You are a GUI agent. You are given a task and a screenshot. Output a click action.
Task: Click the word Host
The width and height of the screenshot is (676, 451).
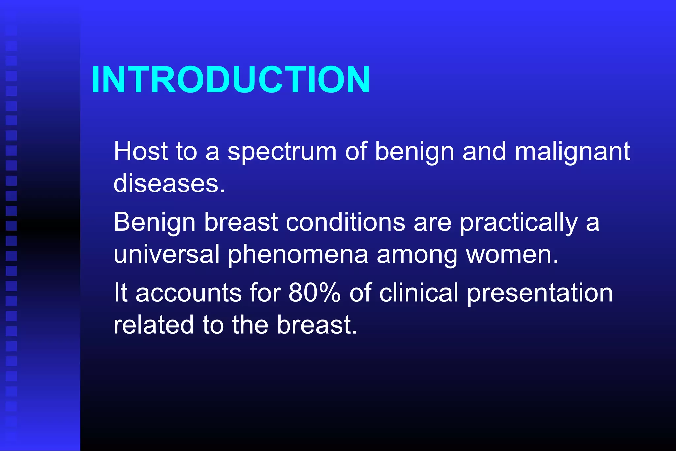[141, 151]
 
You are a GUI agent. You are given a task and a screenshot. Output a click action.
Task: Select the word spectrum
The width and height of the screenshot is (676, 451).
[282, 152]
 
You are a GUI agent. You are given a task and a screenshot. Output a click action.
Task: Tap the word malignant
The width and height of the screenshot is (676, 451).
[572, 152]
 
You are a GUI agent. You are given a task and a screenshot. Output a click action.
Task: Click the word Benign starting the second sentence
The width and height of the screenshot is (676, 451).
[154, 223]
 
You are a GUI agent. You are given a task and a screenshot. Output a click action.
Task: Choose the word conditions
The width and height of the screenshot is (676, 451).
[345, 222]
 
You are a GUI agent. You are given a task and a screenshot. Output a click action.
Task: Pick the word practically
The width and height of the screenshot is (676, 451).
[519, 223]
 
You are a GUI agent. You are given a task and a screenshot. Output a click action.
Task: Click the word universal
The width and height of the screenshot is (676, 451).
[166, 254]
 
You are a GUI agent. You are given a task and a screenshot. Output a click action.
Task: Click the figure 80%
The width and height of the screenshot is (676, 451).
[314, 293]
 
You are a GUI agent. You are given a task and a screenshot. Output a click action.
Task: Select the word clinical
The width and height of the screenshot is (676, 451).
[419, 293]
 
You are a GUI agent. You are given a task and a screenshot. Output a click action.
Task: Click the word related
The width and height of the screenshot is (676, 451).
[153, 325]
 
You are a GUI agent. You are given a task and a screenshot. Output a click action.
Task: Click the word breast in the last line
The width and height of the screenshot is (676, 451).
[317, 325]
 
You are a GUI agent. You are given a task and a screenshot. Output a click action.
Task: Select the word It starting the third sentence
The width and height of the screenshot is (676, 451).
[120, 293]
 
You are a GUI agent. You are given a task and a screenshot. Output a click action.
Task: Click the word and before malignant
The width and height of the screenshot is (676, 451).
[484, 151]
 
